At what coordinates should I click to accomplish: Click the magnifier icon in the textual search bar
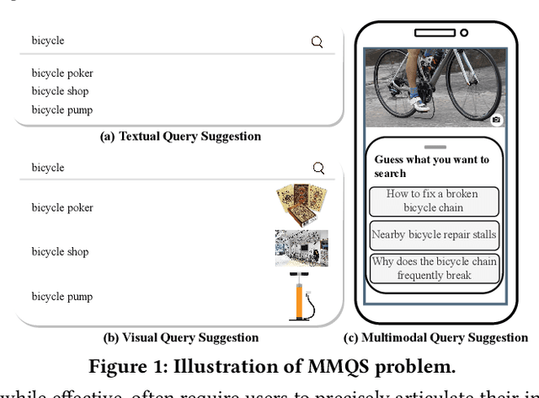(317, 41)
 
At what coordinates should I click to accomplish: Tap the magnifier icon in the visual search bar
(318, 168)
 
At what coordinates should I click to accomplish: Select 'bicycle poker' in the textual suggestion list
(62, 73)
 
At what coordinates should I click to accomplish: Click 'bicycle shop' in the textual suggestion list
(60, 91)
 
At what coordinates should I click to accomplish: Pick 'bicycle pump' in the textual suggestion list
(62, 110)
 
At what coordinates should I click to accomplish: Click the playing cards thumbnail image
(301, 206)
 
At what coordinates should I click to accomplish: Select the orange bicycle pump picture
(299, 295)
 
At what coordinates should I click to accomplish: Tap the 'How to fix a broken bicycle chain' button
(433, 201)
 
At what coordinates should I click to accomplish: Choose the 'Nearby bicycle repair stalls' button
(433, 235)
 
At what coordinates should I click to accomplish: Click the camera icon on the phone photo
(496, 121)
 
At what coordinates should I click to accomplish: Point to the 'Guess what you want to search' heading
(431, 166)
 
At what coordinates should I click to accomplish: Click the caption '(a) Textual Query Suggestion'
(180, 137)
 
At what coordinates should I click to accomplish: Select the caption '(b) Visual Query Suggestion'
(181, 338)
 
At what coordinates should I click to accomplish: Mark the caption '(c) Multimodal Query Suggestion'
(435, 338)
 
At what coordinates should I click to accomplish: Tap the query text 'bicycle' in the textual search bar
(48, 40)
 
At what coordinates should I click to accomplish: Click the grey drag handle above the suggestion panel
(434, 147)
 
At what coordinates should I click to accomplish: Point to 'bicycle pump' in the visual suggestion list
(62, 297)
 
